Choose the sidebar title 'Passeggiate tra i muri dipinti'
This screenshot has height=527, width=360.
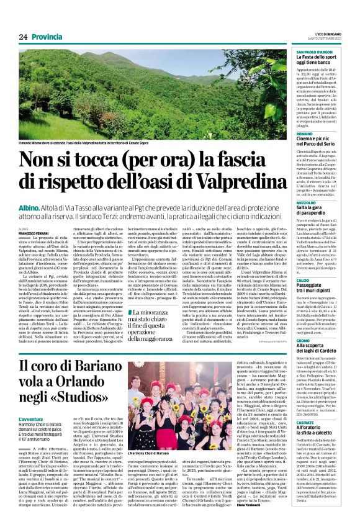tap(317, 269)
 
